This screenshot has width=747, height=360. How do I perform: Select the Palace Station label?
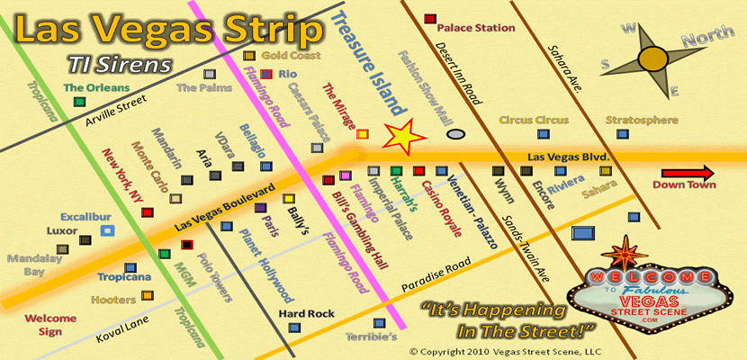pos(475,28)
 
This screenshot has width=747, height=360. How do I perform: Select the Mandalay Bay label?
pos(27,265)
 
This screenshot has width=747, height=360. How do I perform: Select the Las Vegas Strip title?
pos(169,31)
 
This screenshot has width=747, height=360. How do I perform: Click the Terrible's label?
pos(372,337)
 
